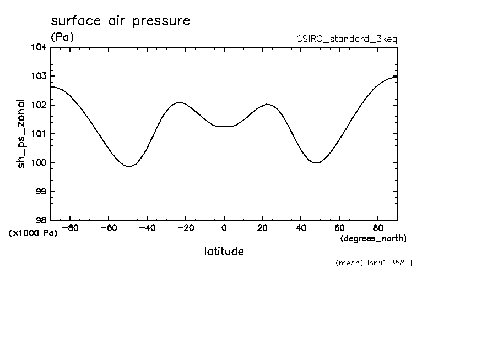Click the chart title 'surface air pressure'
pyautogui.click(x=120, y=21)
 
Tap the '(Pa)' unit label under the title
pyautogui.click(x=62, y=37)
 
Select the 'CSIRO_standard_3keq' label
pyautogui.click(x=347, y=39)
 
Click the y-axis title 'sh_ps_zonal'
pyautogui.click(x=21, y=134)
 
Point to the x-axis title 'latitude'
pyautogui.click(x=224, y=252)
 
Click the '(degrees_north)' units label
pyautogui.click(x=373, y=238)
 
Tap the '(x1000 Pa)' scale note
pyautogui.click(x=33, y=233)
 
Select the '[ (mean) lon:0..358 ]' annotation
pyautogui.click(x=369, y=263)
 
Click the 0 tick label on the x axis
pyautogui.click(x=224, y=227)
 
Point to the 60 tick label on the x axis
pyautogui.click(x=339, y=227)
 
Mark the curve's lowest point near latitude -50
pyautogui.click(x=129, y=166)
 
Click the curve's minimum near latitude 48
pyautogui.click(x=316, y=163)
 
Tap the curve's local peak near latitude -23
pyautogui.click(x=180, y=102)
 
